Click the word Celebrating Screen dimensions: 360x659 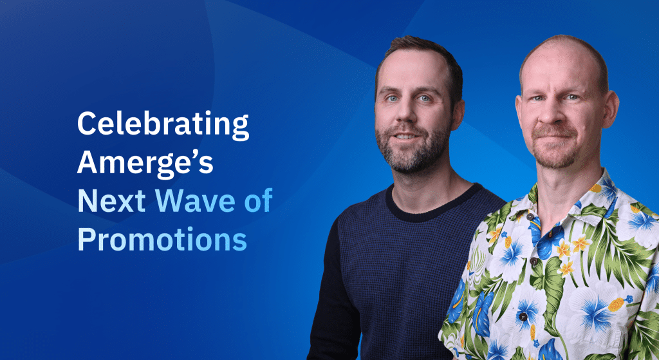(x=163, y=125)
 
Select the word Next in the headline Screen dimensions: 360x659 (x=109, y=202)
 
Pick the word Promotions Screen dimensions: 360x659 (x=162, y=240)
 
